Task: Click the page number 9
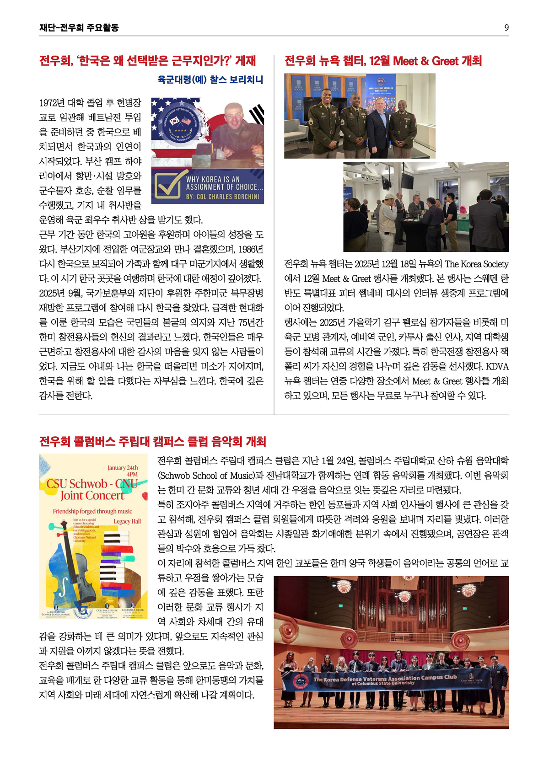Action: point(506,28)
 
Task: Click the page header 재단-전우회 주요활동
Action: point(79,28)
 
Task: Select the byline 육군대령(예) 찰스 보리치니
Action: point(210,80)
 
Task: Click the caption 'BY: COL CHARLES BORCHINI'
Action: point(222,197)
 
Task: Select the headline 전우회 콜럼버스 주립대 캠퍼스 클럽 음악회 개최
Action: point(152,442)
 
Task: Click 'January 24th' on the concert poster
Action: point(123,468)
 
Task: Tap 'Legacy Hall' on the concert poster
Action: point(127,521)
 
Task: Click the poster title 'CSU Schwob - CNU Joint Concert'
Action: point(92,489)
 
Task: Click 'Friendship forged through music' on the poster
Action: point(92,511)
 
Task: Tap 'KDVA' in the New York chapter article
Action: point(497,367)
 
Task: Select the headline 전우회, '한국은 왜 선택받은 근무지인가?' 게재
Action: point(147,61)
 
